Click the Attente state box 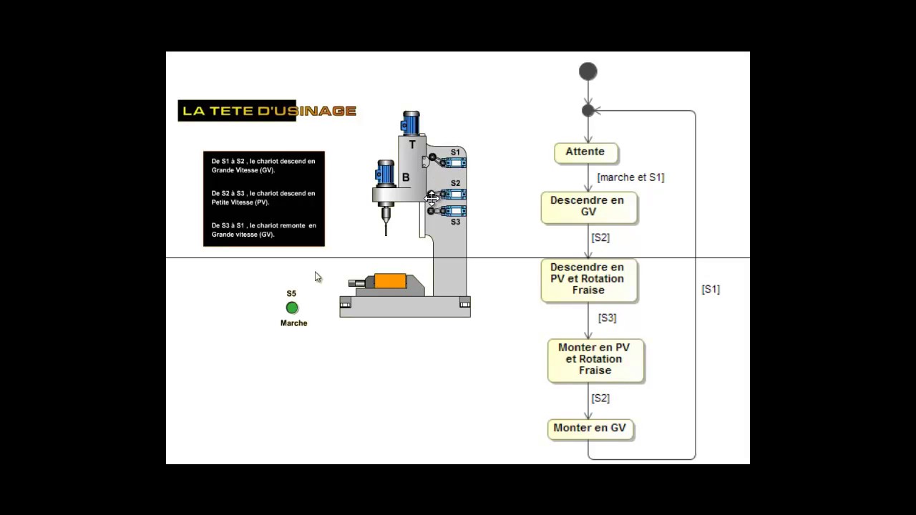pyautogui.click(x=585, y=152)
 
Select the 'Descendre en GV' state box pyautogui.click(x=588, y=207)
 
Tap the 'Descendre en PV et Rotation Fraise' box pyautogui.click(x=588, y=279)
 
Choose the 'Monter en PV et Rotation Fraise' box pyautogui.click(x=595, y=359)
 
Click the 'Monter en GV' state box pyautogui.click(x=590, y=428)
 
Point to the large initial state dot pyautogui.click(x=588, y=72)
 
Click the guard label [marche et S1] pyautogui.click(x=630, y=177)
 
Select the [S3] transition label pyautogui.click(x=607, y=318)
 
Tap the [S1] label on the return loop pyautogui.click(x=711, y=289)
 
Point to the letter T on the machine pyautogui.click(x=412, y=145)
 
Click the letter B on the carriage pyautogui.click(x=406, y=177)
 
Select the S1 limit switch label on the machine pyautogui.click(x=455, y=152)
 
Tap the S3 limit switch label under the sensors pyautogui.click(x=455, y=222)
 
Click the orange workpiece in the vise pyautogui.click(x=390, y=281)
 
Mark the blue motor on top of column pyautogui.click(x=411, y=124)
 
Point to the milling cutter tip pyautogui.click(x=386, y=232)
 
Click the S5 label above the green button pyautogui.click(x=291, y=294)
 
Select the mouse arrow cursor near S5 pyautogui.click(x=318, y=277)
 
